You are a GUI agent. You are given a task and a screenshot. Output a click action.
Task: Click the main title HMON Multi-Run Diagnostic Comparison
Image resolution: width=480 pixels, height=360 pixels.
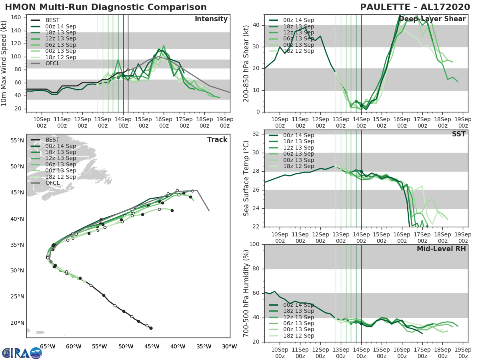106,7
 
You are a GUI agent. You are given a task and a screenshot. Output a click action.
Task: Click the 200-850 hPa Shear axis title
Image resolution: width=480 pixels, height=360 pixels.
246,63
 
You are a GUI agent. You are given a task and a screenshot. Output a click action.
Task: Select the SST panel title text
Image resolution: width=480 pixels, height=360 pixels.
459,134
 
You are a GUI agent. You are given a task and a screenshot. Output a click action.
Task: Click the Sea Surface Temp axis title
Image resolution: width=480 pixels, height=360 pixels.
246,178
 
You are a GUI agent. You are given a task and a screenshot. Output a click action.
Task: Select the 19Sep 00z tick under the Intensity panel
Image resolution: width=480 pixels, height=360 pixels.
225,122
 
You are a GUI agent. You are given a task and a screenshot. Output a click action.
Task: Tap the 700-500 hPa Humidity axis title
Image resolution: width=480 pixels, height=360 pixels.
246,293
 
